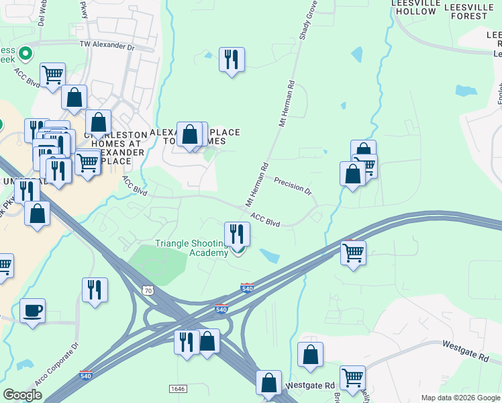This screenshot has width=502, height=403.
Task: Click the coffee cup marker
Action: click(x=32, y=311)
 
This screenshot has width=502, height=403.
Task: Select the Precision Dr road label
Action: click(x=293, y=185)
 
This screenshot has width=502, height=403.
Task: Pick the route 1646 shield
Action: click(x=178, y=389)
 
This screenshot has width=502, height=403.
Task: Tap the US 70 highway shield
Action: click(x=148, y=289)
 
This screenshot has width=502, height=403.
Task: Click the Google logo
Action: click(x=22, y=395)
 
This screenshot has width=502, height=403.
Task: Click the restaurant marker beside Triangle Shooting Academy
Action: click(x=237, y=234)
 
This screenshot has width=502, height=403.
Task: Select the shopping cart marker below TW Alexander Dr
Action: click(x=52, y=75)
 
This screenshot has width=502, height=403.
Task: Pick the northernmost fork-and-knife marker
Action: click(x=232, y=60)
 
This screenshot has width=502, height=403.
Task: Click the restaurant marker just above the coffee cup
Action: click(x=93, y=290)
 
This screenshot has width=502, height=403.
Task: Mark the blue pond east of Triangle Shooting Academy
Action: click(x=270, y=256)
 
